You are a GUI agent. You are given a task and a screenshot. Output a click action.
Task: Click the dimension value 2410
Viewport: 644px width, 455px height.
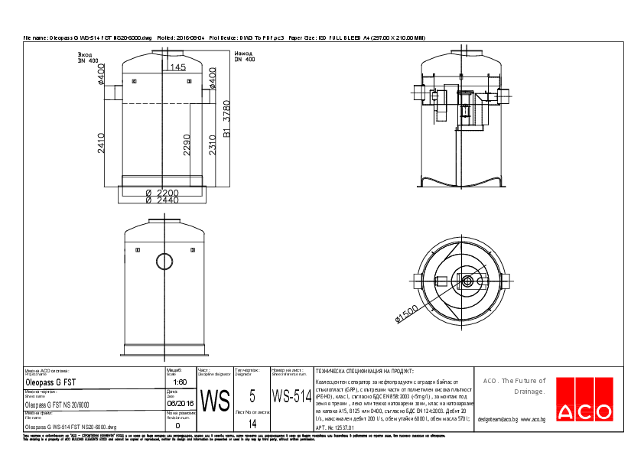(102, 143)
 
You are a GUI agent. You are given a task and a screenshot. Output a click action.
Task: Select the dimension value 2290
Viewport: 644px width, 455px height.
(187, 144)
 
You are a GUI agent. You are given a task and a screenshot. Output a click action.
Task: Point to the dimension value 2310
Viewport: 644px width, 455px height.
(213, 143)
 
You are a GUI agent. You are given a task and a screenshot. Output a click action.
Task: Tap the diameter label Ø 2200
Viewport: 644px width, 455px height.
(162, 193)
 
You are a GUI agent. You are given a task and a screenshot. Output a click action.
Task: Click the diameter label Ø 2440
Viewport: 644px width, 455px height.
(162, 200)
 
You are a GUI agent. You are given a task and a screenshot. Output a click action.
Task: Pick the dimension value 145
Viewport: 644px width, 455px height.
(177, 68)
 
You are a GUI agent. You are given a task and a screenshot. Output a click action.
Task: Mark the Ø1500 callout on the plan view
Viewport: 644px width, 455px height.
(406, 315)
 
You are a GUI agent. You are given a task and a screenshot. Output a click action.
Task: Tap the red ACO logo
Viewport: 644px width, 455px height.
(584, 399)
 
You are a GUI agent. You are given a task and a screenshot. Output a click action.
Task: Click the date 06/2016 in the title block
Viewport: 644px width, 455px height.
(180, 403)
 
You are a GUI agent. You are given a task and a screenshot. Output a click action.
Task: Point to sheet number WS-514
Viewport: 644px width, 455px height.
(292, 396)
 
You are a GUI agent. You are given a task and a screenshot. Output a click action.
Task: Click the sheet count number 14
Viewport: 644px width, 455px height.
(252, 422)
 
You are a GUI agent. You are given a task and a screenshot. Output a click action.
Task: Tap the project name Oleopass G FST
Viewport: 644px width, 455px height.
(50, 381)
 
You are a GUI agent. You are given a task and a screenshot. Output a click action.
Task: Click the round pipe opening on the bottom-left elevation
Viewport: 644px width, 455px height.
(165, 261)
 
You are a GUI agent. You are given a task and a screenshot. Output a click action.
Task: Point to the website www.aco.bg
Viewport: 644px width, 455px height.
(532, 419)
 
